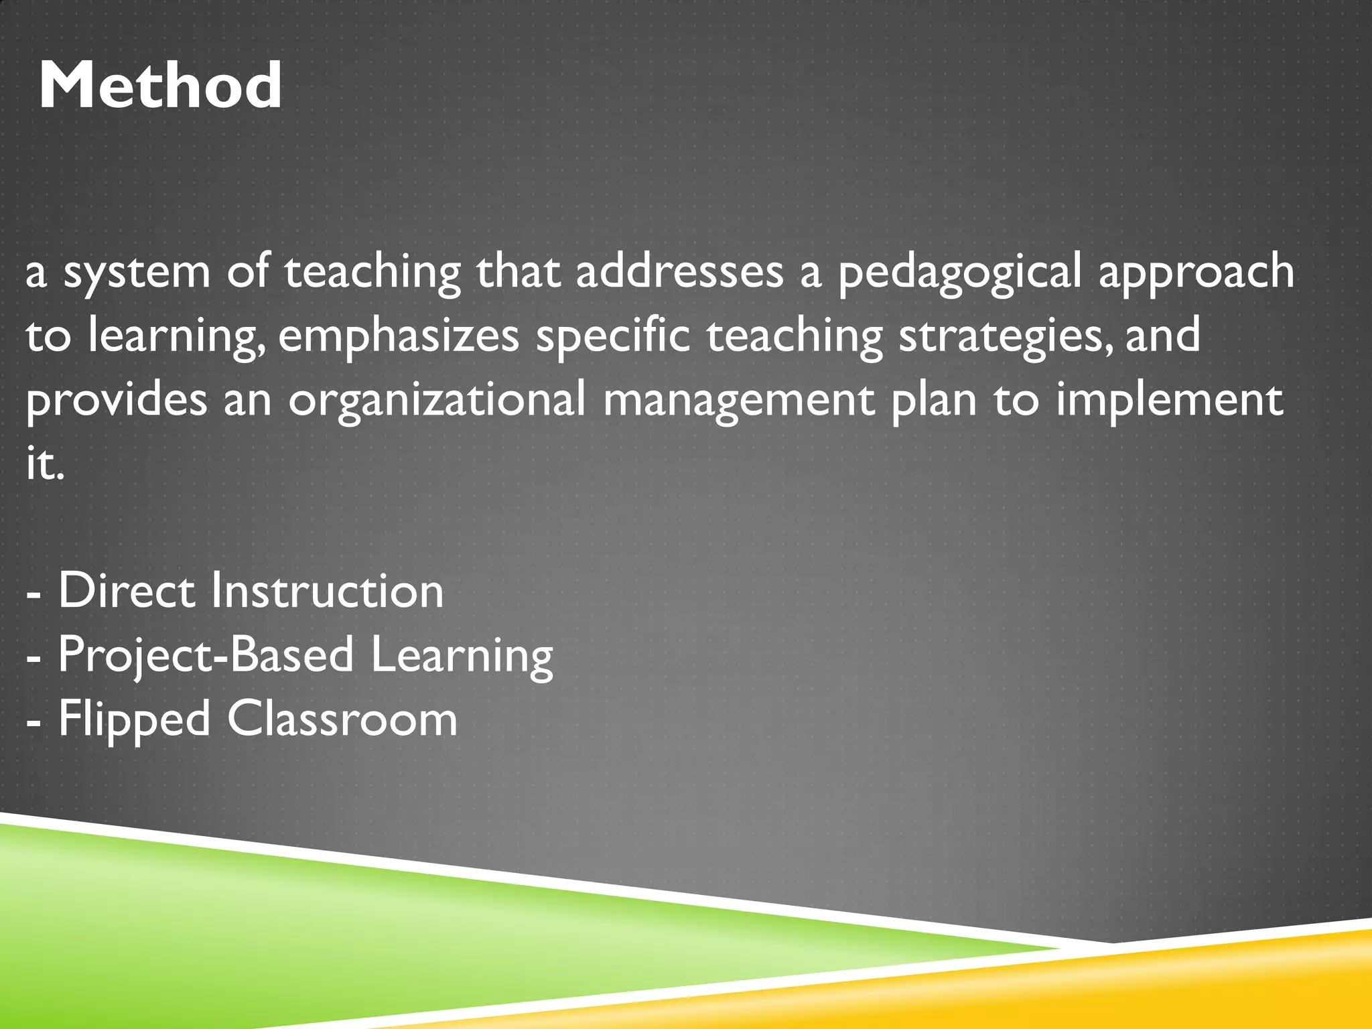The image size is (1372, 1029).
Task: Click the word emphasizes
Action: point(398,337)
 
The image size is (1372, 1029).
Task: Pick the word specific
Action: point(612,337)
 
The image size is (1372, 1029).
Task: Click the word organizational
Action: point(437,401)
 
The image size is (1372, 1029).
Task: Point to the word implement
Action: point(1169,401)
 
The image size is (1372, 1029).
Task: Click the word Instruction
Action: point(327,590)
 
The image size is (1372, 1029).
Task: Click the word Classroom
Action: point(342,719)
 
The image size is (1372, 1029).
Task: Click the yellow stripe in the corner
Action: point(1172,985)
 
